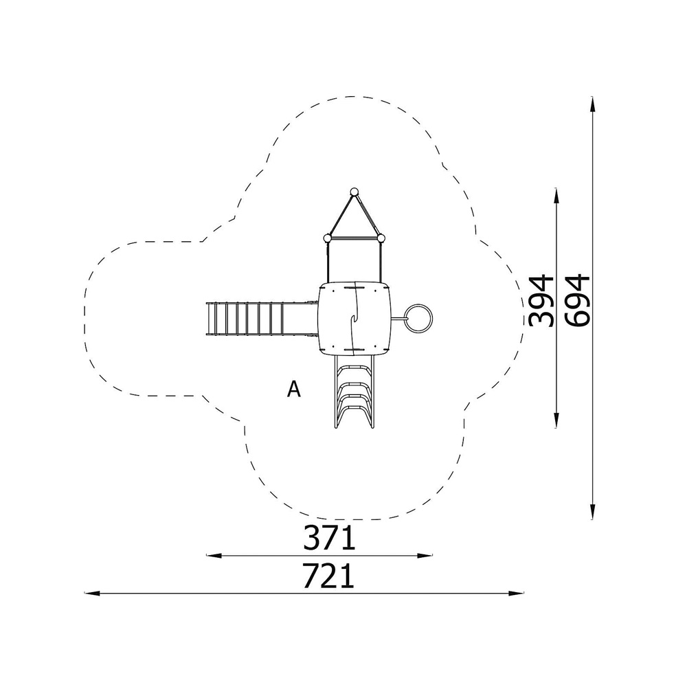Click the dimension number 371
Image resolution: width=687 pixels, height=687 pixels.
[x=329, y=538]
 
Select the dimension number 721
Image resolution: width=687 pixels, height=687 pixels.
[x=328, y=576]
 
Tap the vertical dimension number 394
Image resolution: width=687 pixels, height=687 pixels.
[x=541, y=301]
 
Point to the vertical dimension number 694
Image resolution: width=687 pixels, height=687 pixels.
[x=578, y=301]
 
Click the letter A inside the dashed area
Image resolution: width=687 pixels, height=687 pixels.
[x=294, y=389]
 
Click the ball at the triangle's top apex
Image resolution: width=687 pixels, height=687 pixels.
[x=354, y=192]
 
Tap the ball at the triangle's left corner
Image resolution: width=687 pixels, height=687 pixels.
[x=327, y=238]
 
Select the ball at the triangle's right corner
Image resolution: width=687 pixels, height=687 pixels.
[x=381, y=238]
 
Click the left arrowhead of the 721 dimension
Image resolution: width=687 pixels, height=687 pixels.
[x=90, y=594]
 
